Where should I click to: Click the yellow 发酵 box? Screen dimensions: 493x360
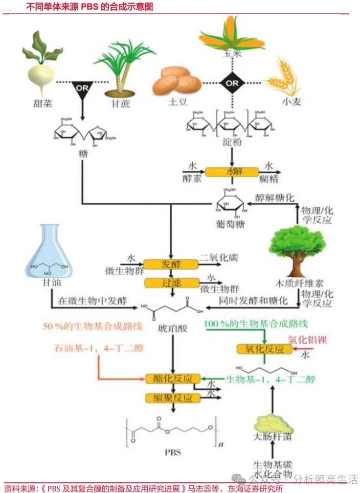[171, 264]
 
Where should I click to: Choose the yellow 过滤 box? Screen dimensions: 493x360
[171, 282]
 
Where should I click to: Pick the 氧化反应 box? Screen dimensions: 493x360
[264, 348]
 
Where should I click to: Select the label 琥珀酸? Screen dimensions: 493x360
[172, 327]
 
